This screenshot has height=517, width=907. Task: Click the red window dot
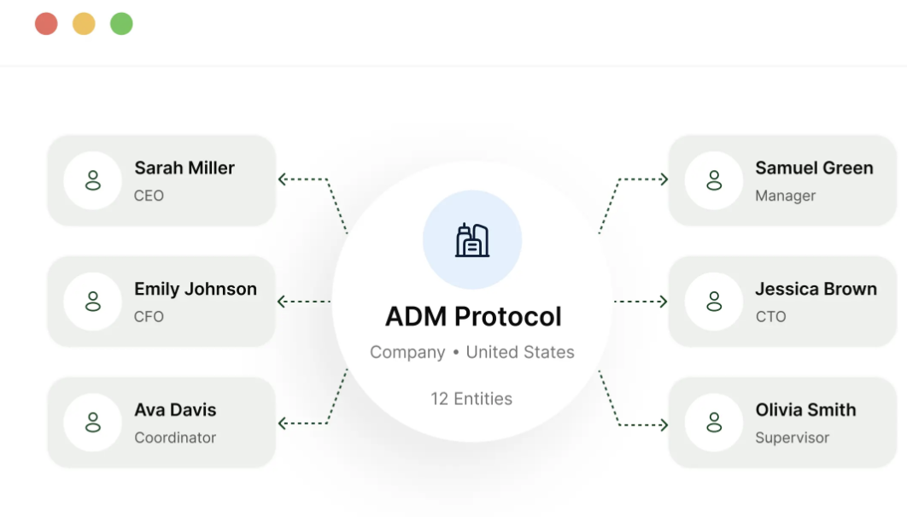[46, 24]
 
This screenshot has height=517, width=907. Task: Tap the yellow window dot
[84, 24]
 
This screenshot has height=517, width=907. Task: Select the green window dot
[121, 24]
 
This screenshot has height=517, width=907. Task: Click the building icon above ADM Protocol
[472, 239]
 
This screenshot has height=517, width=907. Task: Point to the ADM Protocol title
[473, 317]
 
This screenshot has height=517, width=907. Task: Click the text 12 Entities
[471, 398]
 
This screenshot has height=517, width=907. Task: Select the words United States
[520, 352]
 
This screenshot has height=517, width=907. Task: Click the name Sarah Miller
[184, 167]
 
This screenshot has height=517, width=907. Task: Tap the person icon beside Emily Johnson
[92, 302]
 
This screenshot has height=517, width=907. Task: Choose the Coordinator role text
[175, 438]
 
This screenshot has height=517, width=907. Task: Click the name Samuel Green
[814, 167]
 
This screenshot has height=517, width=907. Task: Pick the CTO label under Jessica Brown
[770, 317]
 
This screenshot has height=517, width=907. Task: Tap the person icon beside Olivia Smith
[714, 423]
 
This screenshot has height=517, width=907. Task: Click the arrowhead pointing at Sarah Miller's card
[282, 179]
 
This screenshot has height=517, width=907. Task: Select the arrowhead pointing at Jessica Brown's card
[663, 302]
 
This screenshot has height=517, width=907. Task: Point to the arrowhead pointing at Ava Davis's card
[282, 423]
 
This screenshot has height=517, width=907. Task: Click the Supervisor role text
[792, 438]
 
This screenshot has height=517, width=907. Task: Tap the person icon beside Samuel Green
[714, 180]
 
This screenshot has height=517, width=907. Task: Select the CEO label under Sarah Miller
[149, 196]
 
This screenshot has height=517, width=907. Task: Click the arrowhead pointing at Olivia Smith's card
[664, 425]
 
